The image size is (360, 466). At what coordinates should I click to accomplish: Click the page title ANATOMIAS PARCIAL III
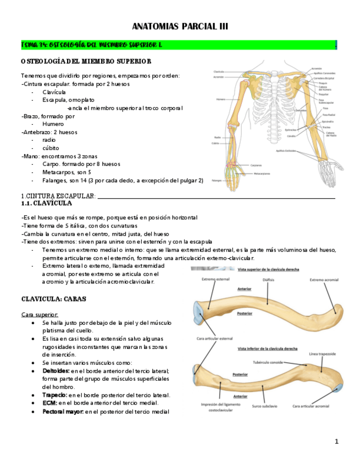click(180, 26)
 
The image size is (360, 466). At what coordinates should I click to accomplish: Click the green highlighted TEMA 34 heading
click(91, 45)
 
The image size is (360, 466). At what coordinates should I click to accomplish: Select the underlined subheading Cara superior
click(40, 314)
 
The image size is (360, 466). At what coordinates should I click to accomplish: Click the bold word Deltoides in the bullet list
click(56, 371)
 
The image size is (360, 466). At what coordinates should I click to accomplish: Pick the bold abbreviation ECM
click(49, 403)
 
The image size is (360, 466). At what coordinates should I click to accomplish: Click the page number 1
click(336, 441)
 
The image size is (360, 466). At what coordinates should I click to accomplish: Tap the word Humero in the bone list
click(53, 124)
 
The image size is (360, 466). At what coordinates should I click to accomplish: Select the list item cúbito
click(51, 148)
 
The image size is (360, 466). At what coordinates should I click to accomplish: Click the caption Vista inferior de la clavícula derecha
click(267, 348)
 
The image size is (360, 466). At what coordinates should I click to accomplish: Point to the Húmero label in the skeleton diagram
click(220, 99)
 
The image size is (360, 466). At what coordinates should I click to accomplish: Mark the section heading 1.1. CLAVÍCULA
click(46, 203)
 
